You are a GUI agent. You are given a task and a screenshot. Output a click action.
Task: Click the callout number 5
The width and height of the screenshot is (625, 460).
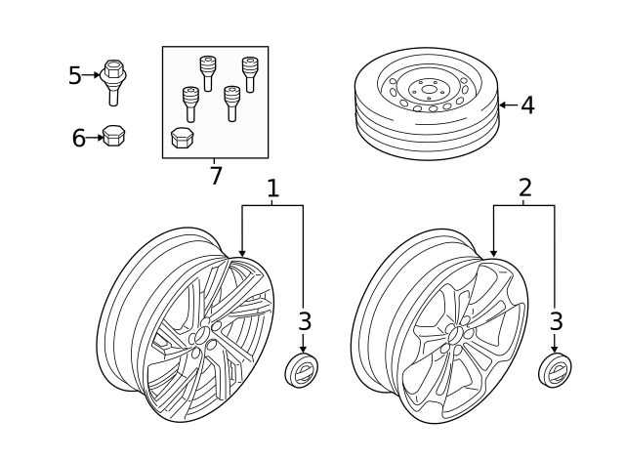coord(74,75)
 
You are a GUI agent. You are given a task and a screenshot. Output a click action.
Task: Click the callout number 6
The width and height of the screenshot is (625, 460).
coord(78,138)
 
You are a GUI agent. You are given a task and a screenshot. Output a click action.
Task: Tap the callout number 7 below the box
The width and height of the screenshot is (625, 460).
coord(216,176)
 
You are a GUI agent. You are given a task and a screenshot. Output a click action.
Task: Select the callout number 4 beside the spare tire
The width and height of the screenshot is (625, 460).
coord(527,105)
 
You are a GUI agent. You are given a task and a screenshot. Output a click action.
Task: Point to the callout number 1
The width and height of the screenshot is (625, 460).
coord(272,188)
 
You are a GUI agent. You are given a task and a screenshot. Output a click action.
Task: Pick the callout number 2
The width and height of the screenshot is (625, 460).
coord(525,188)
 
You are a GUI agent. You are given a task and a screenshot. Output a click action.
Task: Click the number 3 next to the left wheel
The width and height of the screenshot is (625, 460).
coord(304,321)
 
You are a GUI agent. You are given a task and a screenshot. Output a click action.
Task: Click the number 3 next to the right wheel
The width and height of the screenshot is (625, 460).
coord(556,321)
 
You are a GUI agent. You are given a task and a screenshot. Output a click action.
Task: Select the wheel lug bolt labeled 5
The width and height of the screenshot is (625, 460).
coord(113,82)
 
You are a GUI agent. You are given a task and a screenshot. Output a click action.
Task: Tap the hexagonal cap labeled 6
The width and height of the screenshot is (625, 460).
coord(114,136)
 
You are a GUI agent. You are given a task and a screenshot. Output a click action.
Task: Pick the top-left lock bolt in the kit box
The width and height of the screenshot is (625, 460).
coord(207,73)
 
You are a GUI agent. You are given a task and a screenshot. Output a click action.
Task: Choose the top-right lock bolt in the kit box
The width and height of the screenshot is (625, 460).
coord(250,75)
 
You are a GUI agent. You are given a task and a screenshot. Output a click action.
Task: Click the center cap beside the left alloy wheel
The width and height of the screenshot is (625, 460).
coord(301,369)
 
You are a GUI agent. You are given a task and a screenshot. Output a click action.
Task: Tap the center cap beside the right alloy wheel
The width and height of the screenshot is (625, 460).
coord(555,369)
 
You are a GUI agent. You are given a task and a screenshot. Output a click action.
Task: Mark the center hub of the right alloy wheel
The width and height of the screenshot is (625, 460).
coord(455,336)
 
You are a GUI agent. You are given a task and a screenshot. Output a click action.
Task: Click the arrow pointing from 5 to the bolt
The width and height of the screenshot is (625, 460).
coord(91,74)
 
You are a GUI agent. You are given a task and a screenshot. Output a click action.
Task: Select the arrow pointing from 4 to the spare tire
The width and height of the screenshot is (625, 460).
coord(509,105)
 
